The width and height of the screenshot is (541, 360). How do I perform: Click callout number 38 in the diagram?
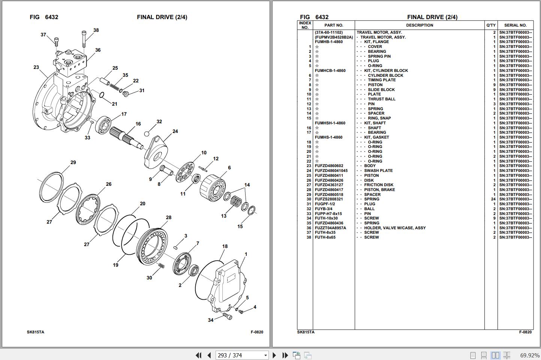point(96,30)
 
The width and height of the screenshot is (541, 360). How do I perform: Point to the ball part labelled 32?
point(147,134)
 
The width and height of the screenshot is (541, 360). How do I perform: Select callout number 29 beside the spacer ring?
point(73,163)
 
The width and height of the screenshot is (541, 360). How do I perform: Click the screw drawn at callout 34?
point(227,317)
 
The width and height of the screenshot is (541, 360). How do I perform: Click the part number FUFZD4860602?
point(329,166)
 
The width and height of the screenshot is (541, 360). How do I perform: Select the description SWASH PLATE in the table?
point(378,171)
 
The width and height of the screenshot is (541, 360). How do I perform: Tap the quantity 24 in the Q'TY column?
point(493,199)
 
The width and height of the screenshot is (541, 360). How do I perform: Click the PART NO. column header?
point(334,25)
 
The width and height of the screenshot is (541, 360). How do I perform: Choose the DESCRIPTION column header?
point(420,25)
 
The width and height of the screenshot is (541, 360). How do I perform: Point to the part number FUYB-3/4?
point(324,209)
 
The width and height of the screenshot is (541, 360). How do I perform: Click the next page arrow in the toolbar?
point(274,355)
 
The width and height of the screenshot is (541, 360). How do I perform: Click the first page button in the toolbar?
point(198,355)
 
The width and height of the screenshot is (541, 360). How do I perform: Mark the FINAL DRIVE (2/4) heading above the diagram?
point(162,17)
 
